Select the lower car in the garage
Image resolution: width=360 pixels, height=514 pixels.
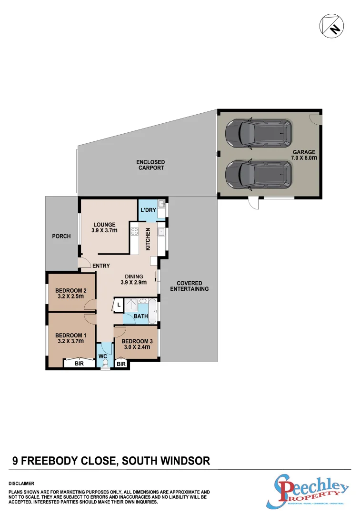(259, 174)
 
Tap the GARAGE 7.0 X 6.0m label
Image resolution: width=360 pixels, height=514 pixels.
(304, 156)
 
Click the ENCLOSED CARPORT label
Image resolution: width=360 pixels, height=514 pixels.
(150, 165)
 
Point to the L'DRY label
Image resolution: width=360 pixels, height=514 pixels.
(148, 210)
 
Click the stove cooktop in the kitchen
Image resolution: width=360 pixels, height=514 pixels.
(134, 233)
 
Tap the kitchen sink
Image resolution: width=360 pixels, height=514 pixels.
(161, 232)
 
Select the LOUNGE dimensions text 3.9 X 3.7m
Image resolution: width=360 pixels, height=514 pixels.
(105, 231)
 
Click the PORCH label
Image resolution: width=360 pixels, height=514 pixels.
(61, 236)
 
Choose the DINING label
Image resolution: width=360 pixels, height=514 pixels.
(134, 277)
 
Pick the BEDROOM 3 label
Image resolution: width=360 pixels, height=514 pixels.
(136, 341)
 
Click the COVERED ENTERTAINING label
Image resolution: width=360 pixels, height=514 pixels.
(190, 286)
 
